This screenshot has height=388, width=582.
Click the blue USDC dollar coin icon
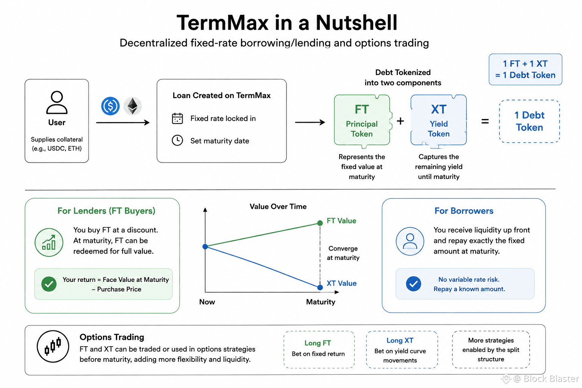110,106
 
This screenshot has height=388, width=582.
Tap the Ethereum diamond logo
133,106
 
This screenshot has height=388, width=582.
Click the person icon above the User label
57,102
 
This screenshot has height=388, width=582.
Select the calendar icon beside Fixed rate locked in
177,119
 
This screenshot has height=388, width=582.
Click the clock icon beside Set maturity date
177,140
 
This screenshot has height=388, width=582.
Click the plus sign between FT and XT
401,121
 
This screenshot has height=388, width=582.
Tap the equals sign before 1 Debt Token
485,121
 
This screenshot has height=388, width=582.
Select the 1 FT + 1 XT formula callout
526,69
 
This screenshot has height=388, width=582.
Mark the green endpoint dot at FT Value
320,223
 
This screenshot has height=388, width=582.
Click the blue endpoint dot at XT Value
320,288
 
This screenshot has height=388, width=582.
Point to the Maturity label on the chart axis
321,302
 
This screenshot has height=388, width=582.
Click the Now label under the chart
207,302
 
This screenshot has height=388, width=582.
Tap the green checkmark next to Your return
49,284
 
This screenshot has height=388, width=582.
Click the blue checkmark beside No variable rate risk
414,283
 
